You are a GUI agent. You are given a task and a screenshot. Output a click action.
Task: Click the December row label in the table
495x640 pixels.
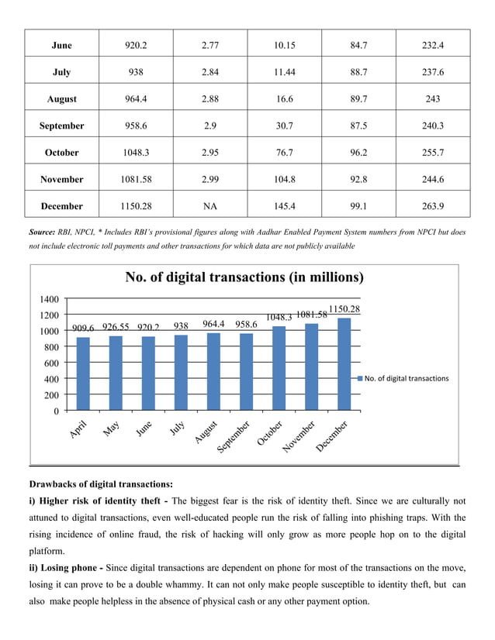pos(61,206)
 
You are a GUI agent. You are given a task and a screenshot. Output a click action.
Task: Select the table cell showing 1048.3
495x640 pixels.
pos(136,153)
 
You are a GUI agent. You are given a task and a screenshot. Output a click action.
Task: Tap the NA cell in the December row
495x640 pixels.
pos(209,206)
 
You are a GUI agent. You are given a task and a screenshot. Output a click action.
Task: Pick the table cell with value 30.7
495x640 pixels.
pos(284,126)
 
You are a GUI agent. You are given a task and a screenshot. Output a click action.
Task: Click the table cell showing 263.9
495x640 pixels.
pos(432,206)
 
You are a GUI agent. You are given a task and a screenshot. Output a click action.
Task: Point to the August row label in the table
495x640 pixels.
pos(61,99)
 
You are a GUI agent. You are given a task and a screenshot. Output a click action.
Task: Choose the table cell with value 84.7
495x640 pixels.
pos(358,46)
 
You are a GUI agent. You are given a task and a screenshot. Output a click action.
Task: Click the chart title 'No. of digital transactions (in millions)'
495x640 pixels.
pos(244,278)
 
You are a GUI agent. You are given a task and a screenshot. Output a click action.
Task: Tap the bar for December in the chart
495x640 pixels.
pos(344,364)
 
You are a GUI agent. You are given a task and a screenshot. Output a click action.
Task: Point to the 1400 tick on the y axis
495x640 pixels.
pos(48,299)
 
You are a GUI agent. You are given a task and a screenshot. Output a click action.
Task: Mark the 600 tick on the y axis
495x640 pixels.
pos(51,363)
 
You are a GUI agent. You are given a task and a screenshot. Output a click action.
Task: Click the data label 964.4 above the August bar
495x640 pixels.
pos(214,325)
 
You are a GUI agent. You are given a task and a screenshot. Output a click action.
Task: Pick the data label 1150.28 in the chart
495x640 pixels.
pos(344,309)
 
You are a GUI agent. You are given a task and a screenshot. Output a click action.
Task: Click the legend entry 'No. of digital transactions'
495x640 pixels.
pos(406,378)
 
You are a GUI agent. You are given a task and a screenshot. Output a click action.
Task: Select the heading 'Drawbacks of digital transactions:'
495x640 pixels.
pos(101,484)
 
